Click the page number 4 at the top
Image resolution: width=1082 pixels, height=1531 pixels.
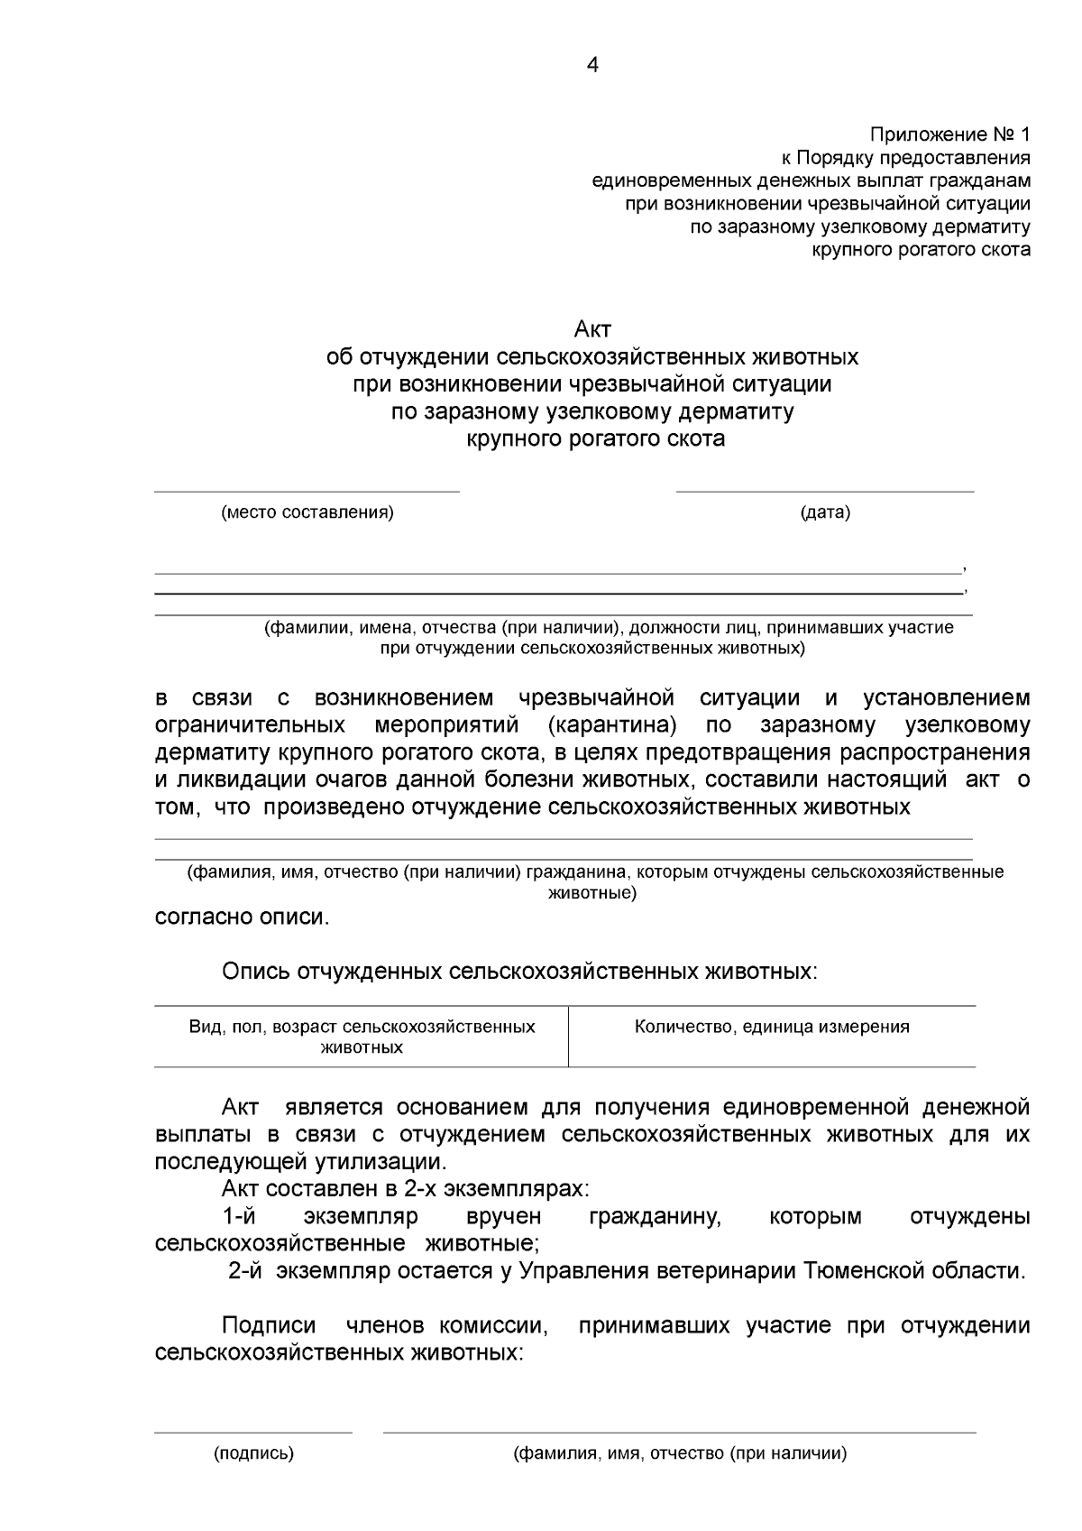point(592,65)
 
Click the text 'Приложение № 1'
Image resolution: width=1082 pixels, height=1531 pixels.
point(949,135)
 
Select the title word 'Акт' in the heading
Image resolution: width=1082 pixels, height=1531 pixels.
point(592,329)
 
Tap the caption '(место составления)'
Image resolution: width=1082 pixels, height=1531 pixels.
point(307,512)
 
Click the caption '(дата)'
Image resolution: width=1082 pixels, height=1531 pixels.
point(825,512)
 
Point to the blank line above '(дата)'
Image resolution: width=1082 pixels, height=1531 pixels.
point(825,492)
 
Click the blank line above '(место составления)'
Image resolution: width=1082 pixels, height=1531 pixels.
point(307,492)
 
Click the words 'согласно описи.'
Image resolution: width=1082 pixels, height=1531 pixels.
point(243,918)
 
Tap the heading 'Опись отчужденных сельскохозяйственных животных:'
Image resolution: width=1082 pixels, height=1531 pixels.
point(520,972)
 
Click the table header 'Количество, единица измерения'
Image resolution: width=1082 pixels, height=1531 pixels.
point(772,1027)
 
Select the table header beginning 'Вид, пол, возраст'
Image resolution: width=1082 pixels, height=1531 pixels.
point(362,1037)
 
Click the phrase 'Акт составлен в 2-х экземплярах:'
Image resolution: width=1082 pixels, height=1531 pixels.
point(406,1189)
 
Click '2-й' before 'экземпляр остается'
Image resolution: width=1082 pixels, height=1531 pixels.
point(245,1271)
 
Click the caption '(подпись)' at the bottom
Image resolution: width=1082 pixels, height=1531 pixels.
point(253,1453)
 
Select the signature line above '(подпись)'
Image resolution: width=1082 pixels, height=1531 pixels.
point(253,1432)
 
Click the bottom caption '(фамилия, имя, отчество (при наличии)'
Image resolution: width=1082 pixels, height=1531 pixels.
point(680,1453)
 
